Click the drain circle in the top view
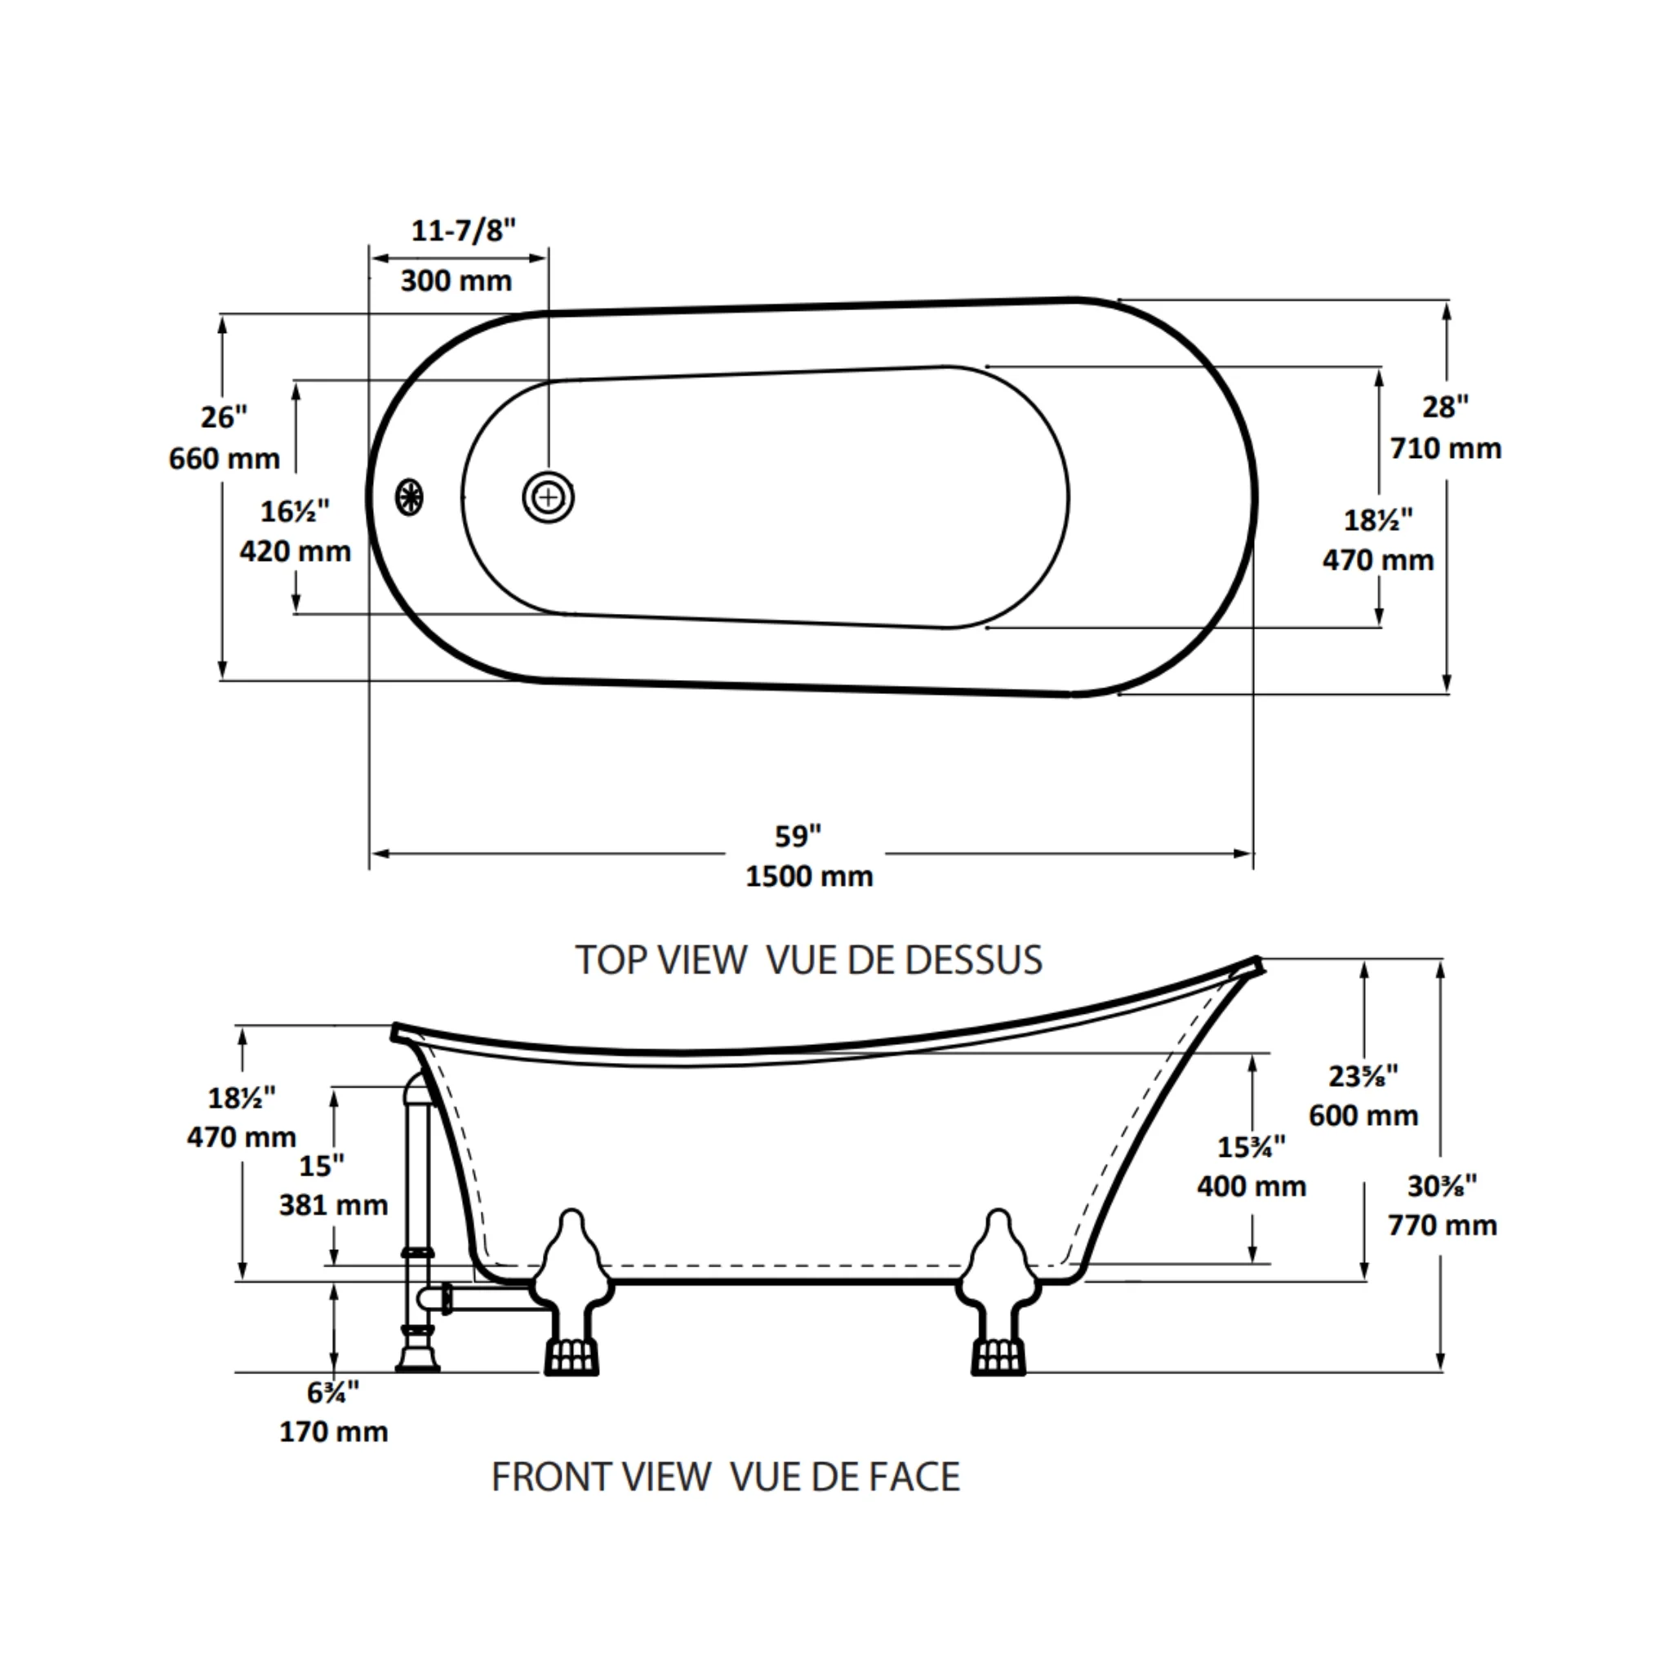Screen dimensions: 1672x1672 [548, 498]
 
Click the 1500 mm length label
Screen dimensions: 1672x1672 [809, 876]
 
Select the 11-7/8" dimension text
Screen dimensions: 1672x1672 [463, 231]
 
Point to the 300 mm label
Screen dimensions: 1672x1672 [456, 280]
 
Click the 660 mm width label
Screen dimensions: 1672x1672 [225, 458]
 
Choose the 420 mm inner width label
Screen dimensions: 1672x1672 [295, 550]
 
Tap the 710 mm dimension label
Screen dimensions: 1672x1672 [1446, 448]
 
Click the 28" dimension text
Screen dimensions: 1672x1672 [1446, 406]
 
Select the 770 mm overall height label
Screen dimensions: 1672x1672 [1443, 1225]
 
